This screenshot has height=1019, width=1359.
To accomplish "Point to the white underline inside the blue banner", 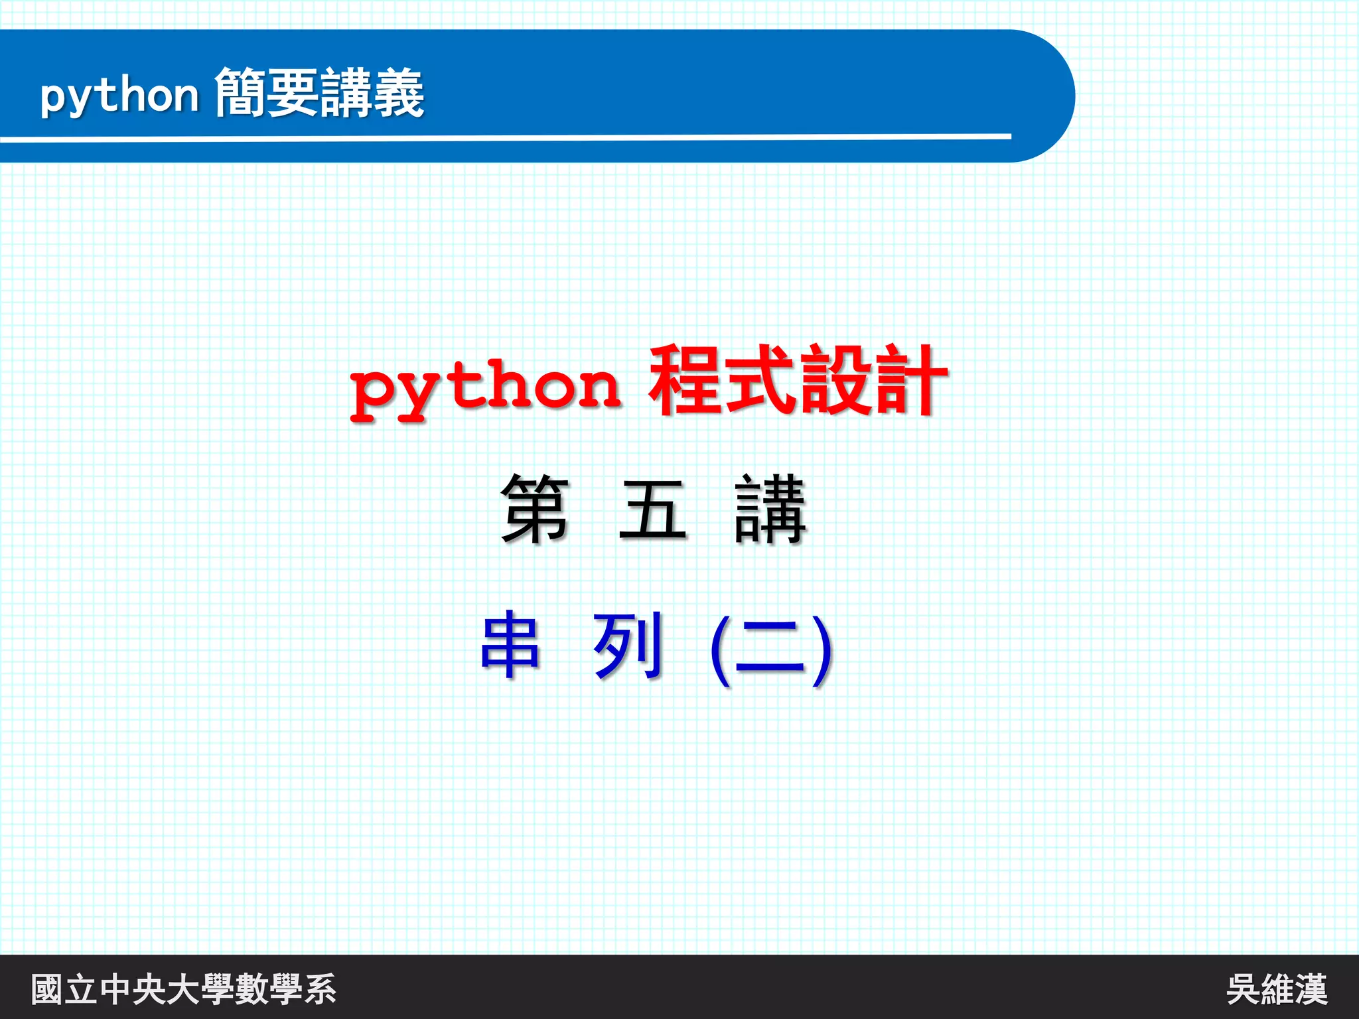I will tap(504, 137).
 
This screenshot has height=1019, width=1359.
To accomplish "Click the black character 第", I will tap(535, 509).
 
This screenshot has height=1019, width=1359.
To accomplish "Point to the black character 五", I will tap(652, 509).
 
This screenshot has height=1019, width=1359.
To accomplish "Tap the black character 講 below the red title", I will tap(770, 509).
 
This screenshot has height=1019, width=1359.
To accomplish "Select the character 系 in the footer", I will tap(320, 989).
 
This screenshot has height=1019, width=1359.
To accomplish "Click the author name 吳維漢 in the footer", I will tap(1276, 989).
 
